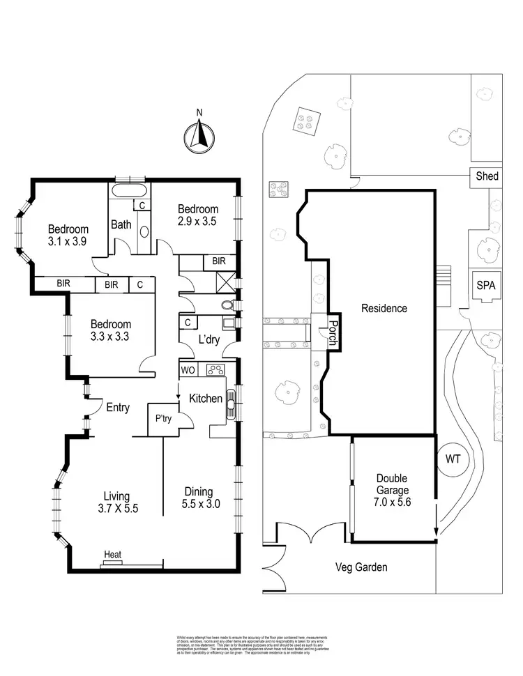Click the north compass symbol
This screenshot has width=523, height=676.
point(199,135)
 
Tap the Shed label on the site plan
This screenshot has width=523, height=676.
point(487,176)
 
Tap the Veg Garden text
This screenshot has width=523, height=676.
point(359,567)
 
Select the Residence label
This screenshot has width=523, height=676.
point(384,308)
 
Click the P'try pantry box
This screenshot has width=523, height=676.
point(164,419)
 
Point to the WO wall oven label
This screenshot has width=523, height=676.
point(187,369)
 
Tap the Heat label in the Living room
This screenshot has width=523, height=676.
point(112,555)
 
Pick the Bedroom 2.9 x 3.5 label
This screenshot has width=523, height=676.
point(198,215)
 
